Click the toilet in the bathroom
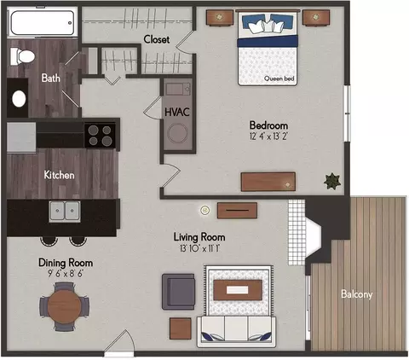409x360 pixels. pyautogui.click(x=22, y=56)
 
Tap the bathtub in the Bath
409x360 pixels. pyautogui.click(x=43, y=23)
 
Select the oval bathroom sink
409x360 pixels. pyautogui.click(x=19, y=99)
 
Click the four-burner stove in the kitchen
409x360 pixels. pyautogui.click(x=100, y=135)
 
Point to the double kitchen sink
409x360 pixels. pyautogui.click(x=65, y=212)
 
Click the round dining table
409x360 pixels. pyautogui.click(x=64, y=306)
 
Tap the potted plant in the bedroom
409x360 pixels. pyautogui.click(x=332, y=182)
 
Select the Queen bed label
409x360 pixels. pyautogui.click(x=279, y=78)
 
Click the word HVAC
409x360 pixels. pyautogui.click(x=177, y=112)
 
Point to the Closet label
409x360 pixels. pyautogui.click(x=157, y=39)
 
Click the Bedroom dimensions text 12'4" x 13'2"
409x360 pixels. pyautogui.click(x=268, y=136)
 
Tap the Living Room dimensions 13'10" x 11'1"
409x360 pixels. pyautogui.click(x=200, y=249)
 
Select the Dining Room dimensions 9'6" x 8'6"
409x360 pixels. pyautogui.click(x=66, y=274)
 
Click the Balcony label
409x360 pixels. pyautogui.click(x=357, y=293)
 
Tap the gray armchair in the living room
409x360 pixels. pyautogui.click(x=178, y=292)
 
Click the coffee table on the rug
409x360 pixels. pyautogui.click(x=238, y=290)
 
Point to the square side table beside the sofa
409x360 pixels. pyautogui.click(x=181, y=328)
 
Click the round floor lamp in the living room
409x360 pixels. pyautogui.click(x=204, y=211)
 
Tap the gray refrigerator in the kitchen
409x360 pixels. pyautogui.click(x=21, y=137)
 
